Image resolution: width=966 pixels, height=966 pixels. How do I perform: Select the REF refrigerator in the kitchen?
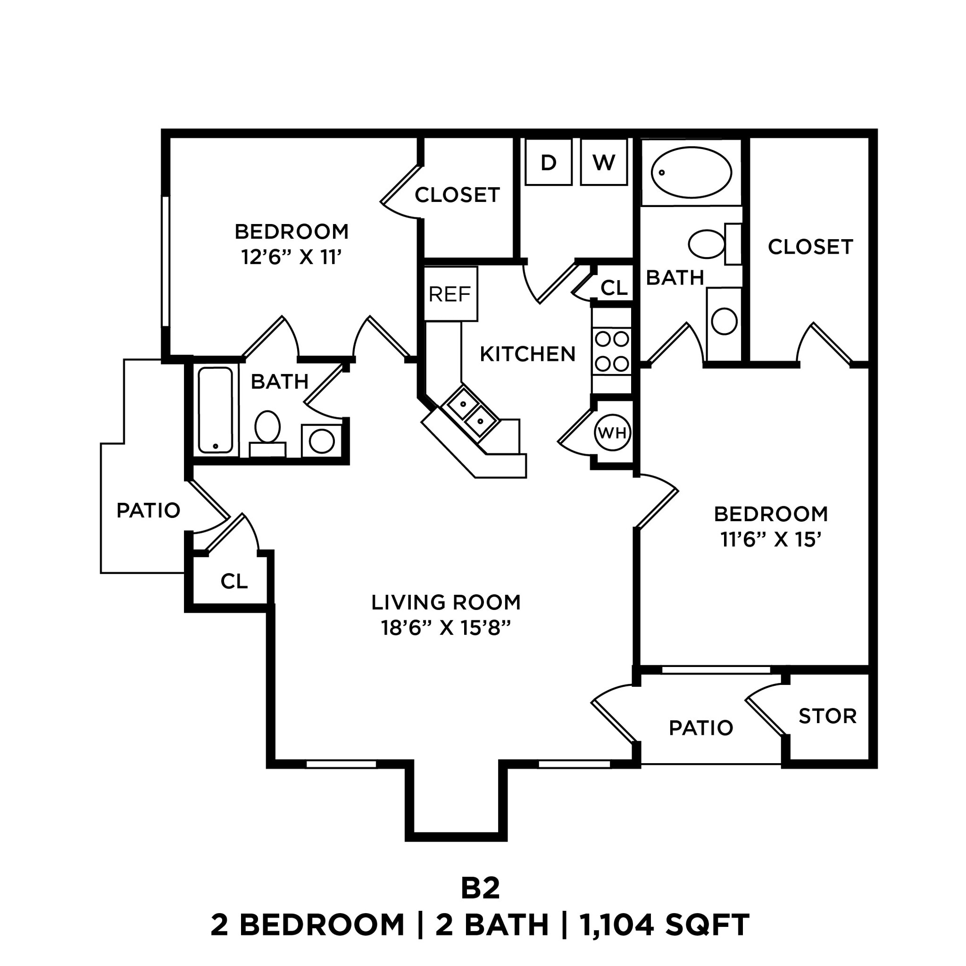click(450, 294)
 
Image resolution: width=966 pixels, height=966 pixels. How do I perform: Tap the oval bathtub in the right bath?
click(691, 173)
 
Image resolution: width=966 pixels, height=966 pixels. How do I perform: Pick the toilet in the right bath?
click(710, 244)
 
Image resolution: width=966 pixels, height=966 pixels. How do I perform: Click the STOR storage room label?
click(827, 716)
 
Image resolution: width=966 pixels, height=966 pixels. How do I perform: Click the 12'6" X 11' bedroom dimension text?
click(291, 258)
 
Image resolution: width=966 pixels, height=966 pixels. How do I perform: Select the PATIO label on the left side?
click(148, 510)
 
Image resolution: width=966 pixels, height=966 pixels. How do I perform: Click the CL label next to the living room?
click(234, 581)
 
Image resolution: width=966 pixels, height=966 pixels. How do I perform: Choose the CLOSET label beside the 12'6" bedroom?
click(457, 195)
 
